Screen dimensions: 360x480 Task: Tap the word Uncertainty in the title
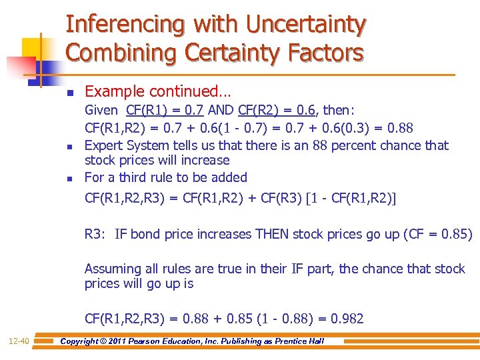pos(306,25)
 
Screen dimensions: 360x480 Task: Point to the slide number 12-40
pos(19,341)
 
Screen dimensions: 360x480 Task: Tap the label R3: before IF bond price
pos(96,234)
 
